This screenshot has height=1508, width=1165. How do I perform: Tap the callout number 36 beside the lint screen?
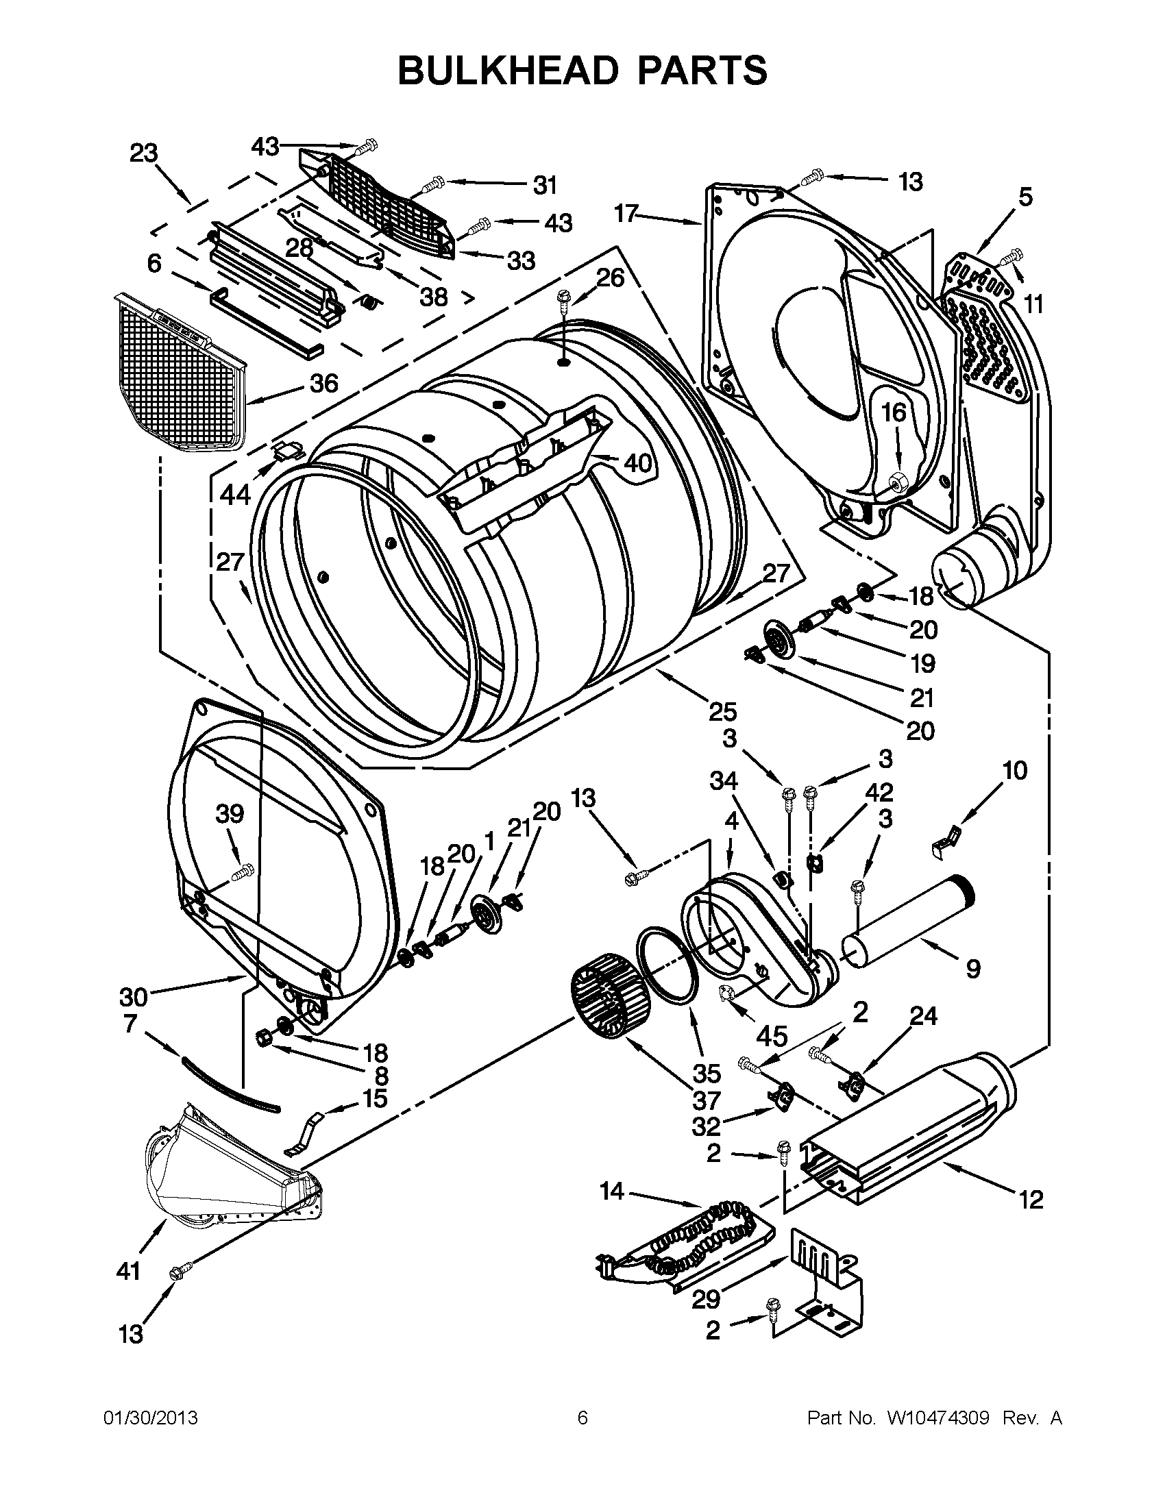[323, 383]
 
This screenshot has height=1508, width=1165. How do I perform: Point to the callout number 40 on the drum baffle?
[637, 463]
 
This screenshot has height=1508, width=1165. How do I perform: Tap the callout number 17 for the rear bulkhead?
[626, 214]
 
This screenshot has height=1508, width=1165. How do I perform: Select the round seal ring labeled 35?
[667, 965]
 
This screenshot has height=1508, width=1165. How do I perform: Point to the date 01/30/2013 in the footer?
[151, 1418]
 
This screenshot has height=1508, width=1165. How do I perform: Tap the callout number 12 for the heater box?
[1030, 1200]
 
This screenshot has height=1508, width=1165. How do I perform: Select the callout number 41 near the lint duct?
[129, 1270]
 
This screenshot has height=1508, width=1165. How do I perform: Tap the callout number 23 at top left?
[144, 153]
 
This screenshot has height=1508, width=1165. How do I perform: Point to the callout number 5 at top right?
[1025, 197]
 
